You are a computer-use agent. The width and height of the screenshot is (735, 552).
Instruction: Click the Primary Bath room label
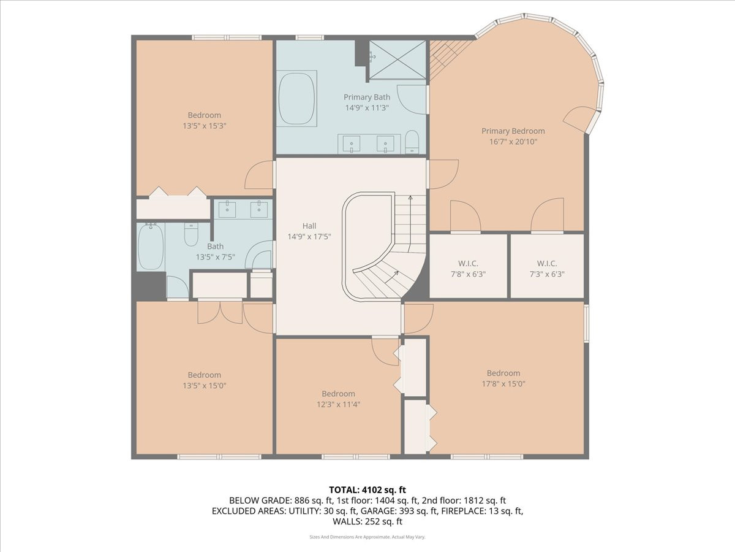tap(366, 97)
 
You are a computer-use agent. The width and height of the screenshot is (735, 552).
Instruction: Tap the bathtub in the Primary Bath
tap(296, 99)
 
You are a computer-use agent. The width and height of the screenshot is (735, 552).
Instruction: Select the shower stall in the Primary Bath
tap(396, 60)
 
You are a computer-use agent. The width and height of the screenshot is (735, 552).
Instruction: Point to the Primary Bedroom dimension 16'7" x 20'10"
tap(513, 142)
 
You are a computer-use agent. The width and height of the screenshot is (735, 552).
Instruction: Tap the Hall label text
tap(309, 226)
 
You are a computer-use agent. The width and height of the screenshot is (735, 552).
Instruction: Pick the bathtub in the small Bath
tap(150, 247)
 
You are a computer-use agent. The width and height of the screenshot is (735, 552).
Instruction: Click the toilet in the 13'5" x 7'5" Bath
tap(191, 234)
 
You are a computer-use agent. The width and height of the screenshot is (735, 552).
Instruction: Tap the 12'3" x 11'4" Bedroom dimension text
tap(338, 404)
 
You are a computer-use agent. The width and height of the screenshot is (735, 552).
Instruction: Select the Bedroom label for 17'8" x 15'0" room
tap(503, 373)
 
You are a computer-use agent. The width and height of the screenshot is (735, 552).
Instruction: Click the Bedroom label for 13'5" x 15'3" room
tap(204, 115)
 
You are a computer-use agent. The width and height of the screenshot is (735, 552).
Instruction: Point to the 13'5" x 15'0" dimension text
tap(204, 386)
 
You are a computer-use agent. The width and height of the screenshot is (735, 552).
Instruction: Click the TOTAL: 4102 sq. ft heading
tap(367, 489)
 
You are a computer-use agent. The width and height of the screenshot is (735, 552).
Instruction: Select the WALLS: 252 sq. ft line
tap(367, 522)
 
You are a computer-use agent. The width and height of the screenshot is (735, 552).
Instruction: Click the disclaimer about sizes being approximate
tap(367, 537)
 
